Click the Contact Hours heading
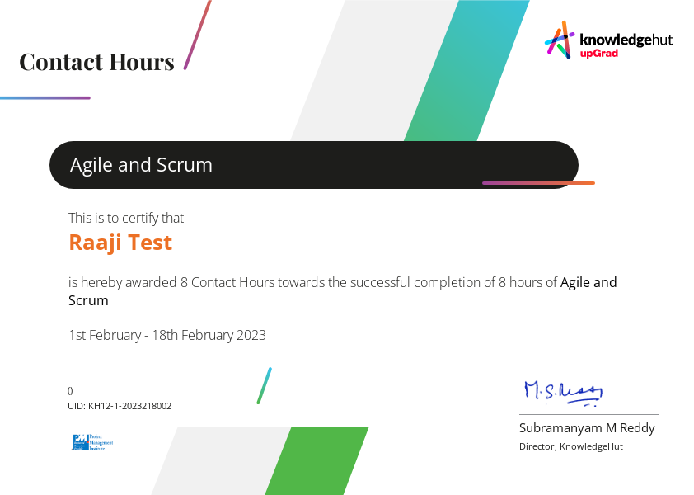click(96, 62)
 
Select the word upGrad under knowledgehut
click(598, 53)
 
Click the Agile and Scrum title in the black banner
click(141, 165)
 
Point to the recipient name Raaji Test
click(120, 243)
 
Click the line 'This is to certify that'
click(126, 218)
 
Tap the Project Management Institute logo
click(92, 442)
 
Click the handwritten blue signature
click(564, 392)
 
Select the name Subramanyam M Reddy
click(587, 427)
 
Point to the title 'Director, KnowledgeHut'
click(570, 446)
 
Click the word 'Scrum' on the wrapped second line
click(88, 300)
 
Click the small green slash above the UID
click(264, 385)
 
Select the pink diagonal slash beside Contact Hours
click(197, 35)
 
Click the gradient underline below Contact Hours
click(45, 98)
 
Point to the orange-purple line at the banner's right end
click(538, 183)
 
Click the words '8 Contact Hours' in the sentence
click(227, 282)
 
